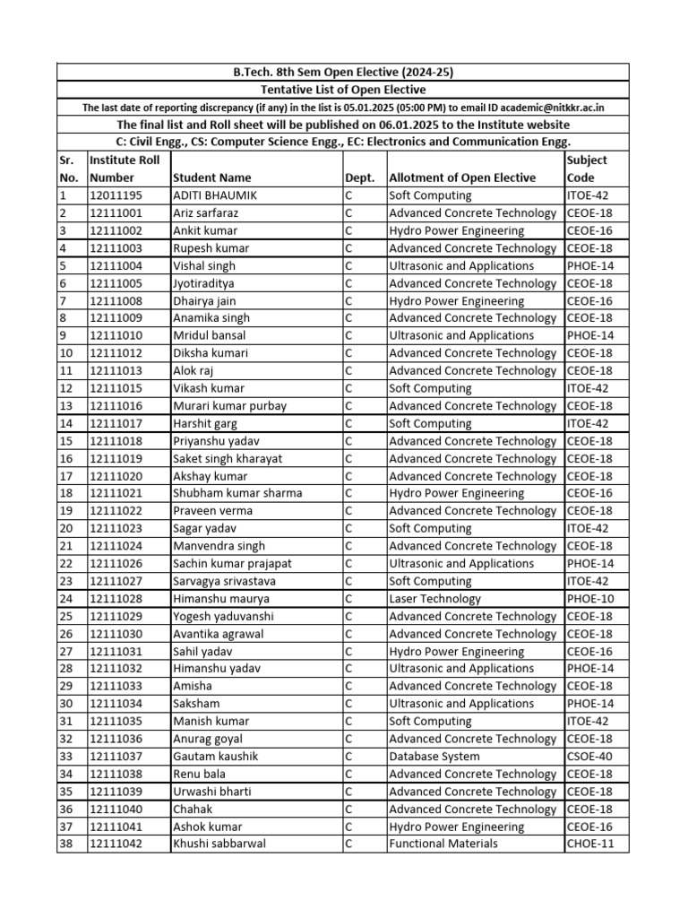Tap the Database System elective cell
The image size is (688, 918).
(434, 757)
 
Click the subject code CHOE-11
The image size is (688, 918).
(590, 844)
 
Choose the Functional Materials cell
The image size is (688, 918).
(443, 844)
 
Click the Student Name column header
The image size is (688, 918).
(211, 178)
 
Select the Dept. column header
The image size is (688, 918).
(360, 178)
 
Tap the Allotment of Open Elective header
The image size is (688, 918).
(462, 178)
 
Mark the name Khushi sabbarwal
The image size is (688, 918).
(219, 844)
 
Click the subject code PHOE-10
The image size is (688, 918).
(590, 599)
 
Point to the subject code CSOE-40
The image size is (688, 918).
(590, 757)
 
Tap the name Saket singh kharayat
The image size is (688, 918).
(228, 458)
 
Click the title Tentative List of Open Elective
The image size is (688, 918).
(343, 90)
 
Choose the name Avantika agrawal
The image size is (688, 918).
(218, 634)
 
